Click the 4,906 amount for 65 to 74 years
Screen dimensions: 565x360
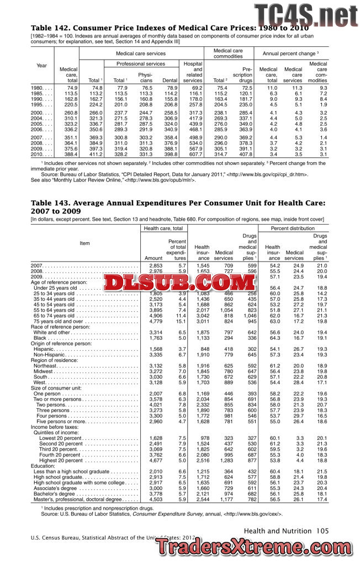[153, 315]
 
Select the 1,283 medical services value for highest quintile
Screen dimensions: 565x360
[223, 444]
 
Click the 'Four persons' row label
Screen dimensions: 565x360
[54, 415]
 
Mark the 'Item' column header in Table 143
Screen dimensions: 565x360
[84, 243]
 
